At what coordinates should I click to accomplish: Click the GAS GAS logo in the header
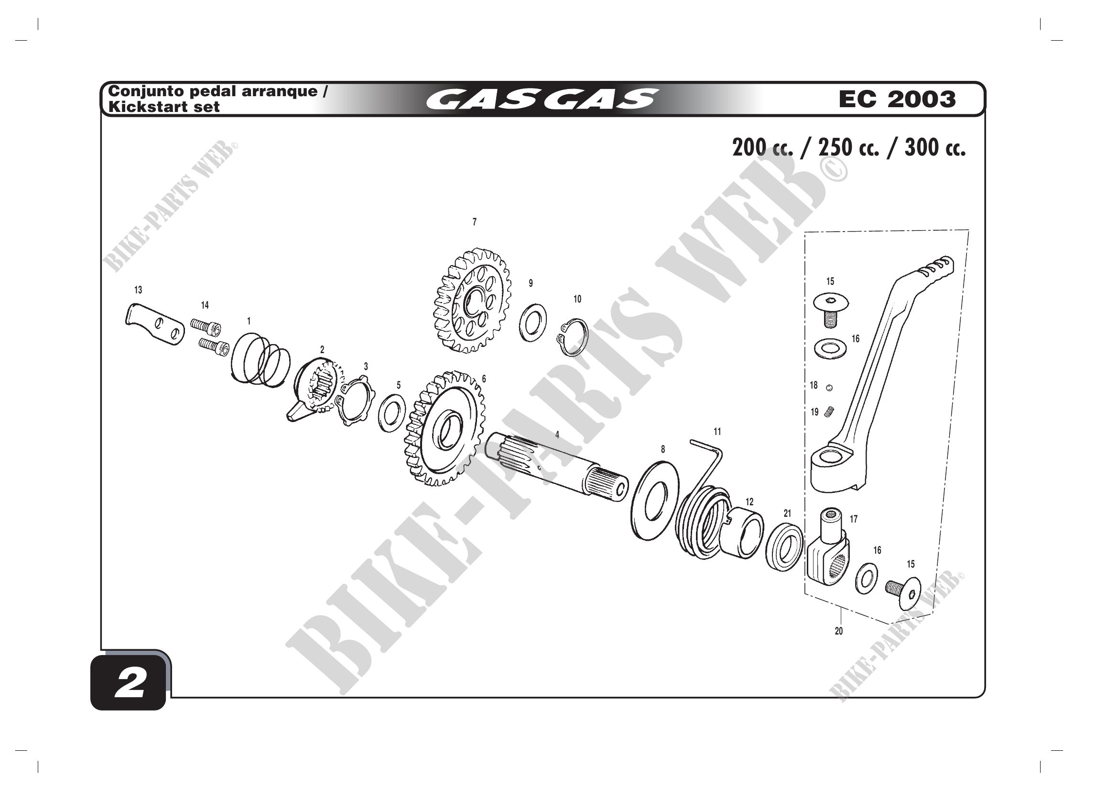click(x=542, y=99)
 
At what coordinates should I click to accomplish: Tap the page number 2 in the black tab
click(x=130, y=683)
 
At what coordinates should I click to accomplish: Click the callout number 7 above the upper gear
click(x=474, y=222)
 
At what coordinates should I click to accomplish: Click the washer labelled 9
click(x=532, y=322)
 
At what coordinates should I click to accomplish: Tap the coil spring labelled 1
click(x=260, y=358)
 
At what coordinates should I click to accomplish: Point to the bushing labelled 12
click(x=741, y=531)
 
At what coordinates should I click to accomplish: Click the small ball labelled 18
click(x=829, y=388)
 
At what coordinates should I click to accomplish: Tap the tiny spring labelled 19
click(x=829, y=412)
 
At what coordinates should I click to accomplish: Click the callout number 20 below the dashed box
click(x=838, y=631)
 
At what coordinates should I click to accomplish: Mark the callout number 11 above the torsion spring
click(x=717, y=432)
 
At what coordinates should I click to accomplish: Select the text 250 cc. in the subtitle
click(x=848, y=148)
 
